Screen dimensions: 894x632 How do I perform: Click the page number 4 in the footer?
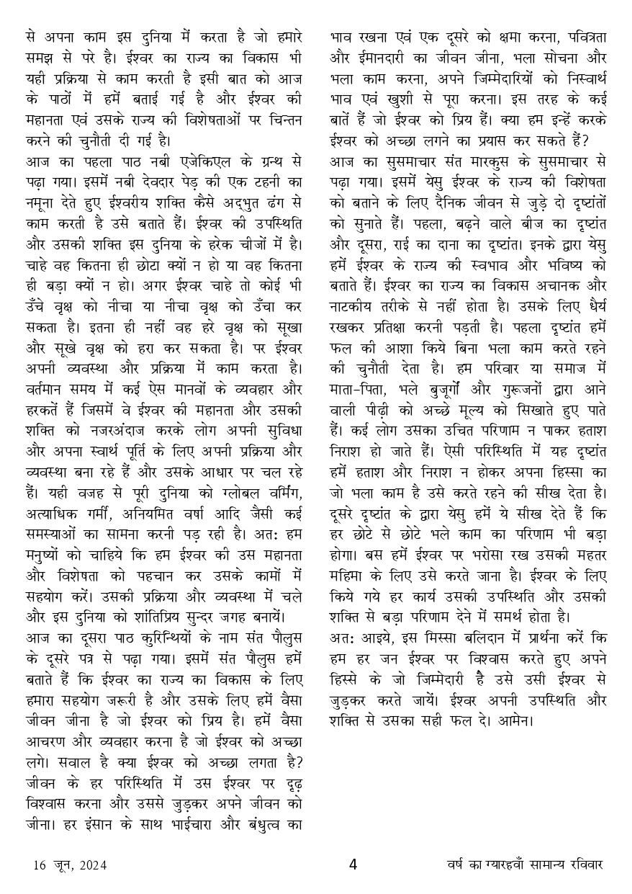353,864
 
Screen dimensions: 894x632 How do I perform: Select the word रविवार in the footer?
584,864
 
